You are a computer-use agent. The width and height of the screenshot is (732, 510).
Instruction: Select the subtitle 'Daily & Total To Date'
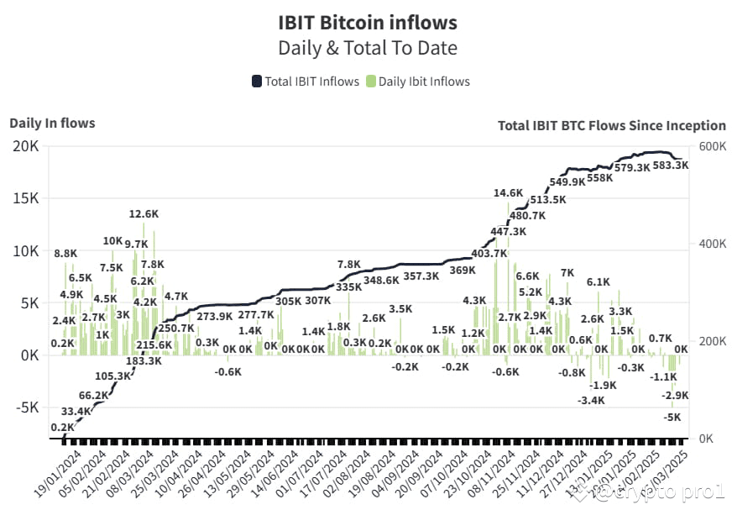click(367, 48)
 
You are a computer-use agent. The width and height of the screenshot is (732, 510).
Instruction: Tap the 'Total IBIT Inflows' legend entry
click(305, 81)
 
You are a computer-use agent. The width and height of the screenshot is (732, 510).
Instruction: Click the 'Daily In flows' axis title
click(52, 124)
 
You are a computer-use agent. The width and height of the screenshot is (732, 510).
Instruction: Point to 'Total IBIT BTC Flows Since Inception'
click(611, 125)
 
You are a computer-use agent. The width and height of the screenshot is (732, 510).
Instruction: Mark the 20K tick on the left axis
click(24, 146)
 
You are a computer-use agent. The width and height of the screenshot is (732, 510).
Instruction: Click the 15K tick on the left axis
click(24, 199)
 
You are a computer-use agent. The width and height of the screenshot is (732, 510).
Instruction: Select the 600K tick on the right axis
click(707, 146)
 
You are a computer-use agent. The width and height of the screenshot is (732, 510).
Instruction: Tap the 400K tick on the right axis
click(707, 244)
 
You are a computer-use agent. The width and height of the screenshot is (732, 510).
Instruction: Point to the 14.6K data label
click(509, 192)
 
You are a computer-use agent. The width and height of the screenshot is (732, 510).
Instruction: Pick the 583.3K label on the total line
click(670, 166)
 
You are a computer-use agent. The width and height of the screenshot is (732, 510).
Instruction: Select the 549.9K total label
click(567, 182)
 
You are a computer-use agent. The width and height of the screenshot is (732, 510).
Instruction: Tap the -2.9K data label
click(675, 395)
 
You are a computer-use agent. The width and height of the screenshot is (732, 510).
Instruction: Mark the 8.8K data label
click(65, 253)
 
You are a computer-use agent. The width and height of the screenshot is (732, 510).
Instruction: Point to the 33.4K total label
click(77, 411)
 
